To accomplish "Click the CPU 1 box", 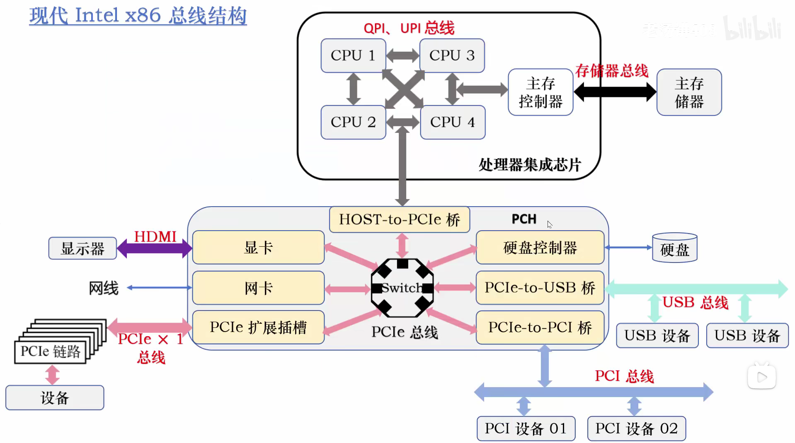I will tap(353, 55).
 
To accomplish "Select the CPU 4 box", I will tap(452, 122).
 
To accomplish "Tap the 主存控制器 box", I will tap(541, 92).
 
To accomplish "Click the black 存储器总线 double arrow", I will tap(615, 92).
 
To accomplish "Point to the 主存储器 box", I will tap(689, 92).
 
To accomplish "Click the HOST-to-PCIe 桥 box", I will tap(399, 219).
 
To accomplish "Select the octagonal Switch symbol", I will tap(402, 288).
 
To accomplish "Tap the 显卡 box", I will tap(258, 248).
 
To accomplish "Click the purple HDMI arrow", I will tap(154, 248).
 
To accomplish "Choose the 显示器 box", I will tap(82, 248).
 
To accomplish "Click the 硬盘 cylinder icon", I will tap(674, 248).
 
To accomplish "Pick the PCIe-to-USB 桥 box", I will tap(540, 288).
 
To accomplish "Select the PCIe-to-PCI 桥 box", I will tap(540, 327).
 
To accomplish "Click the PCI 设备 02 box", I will tap(636, 429).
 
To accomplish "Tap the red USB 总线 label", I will tap(695, 303).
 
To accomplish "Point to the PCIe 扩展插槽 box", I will tap(258, 327).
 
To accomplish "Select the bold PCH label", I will tap(524, 219).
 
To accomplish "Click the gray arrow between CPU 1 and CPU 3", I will tap(402, 55).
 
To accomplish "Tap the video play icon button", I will tap(761, 377).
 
